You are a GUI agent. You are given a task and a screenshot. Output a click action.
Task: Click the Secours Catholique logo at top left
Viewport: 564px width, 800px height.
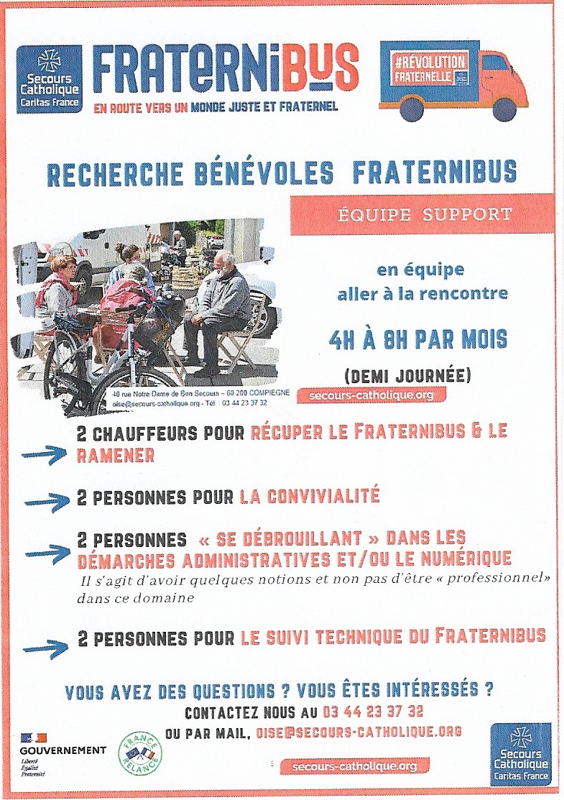(49, 79)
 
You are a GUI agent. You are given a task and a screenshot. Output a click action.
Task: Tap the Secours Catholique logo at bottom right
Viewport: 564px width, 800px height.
(522, 754)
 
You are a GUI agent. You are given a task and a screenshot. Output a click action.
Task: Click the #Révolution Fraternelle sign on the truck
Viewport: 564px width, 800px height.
(430, 70)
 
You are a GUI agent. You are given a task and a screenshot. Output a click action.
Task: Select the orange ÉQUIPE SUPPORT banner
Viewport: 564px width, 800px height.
(422, 214)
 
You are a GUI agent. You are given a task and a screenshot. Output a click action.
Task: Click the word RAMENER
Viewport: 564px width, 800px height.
(115, 454)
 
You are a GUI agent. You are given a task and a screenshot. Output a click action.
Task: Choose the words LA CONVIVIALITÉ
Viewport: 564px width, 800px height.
(310, 496)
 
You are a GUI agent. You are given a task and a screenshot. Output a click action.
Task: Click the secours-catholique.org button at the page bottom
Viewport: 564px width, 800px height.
(354, 766)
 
